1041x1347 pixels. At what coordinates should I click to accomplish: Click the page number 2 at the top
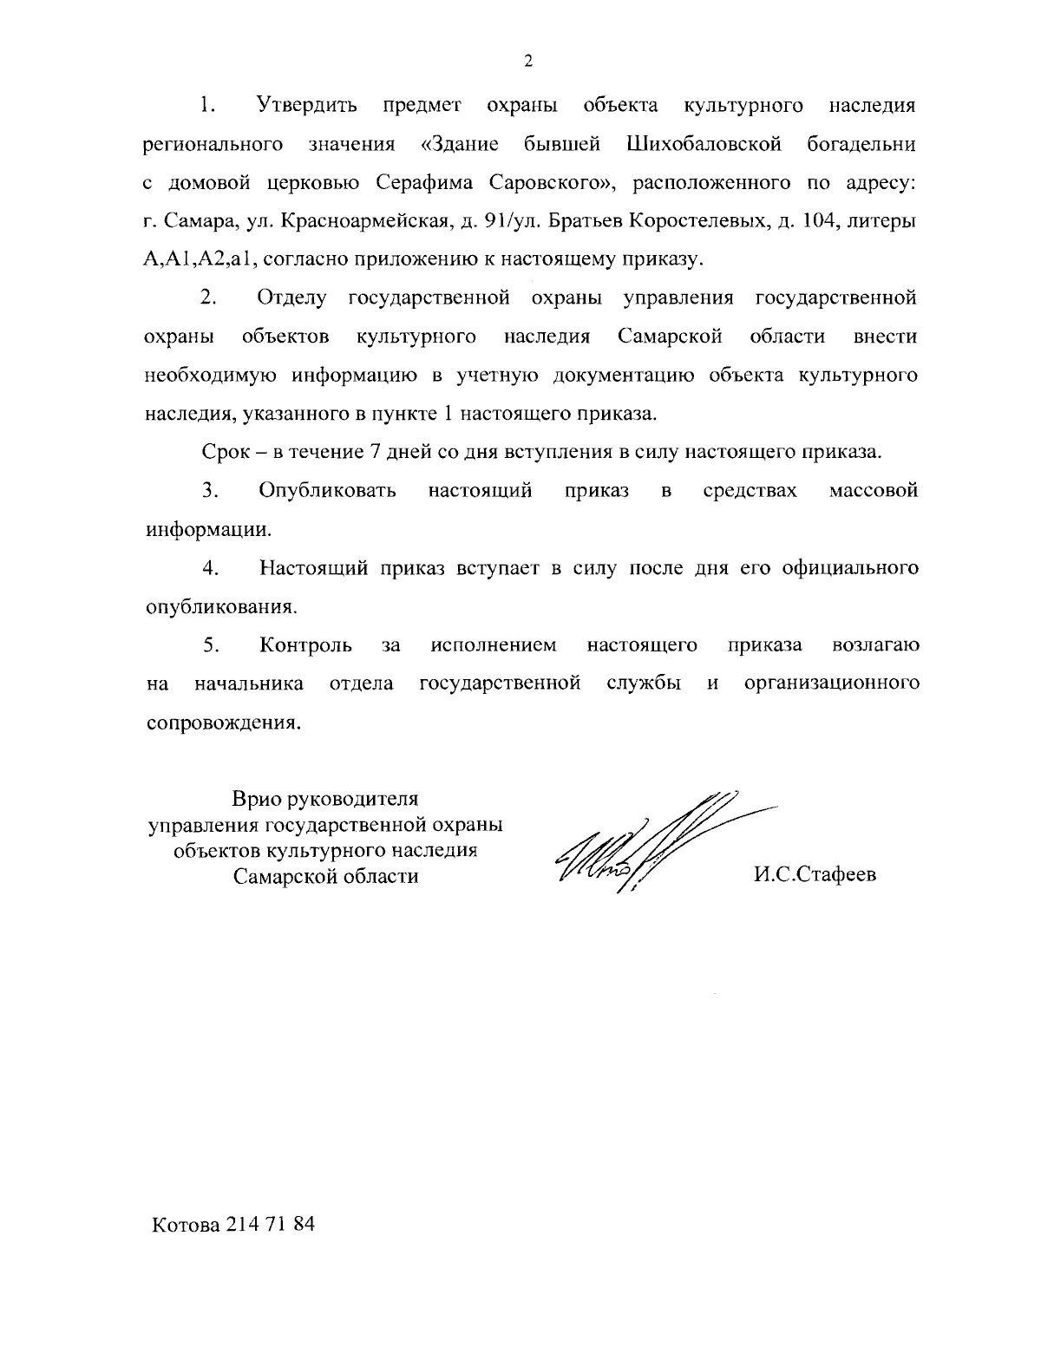(x=528, y=61)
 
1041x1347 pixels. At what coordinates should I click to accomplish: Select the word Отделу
(x=292, y=298)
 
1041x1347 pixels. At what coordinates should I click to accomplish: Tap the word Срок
(x=226, y=452)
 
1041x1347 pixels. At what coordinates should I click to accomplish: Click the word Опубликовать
(x=328, y=491)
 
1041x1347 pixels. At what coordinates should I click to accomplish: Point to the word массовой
(x=874, y=491)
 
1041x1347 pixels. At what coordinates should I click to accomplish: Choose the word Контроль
(x=305, y=645)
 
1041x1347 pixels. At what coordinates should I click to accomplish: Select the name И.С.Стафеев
(x=815, y=874)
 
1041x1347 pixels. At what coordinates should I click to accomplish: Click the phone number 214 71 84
(x=270, y=1225)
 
